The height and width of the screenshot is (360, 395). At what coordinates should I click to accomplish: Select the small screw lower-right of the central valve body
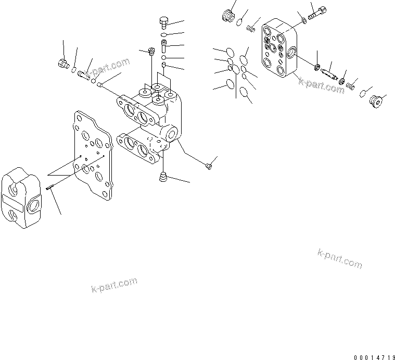tap(208, 166)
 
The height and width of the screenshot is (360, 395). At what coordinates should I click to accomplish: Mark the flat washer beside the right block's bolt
tap(304, 21)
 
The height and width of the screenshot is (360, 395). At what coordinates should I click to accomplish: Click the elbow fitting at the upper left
tap(64, 65)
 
